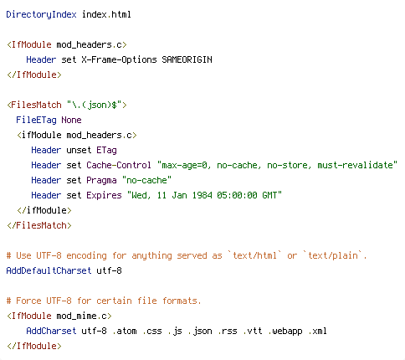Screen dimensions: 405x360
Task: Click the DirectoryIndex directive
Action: pos(41,14)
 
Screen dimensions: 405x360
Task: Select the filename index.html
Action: pos(106,14)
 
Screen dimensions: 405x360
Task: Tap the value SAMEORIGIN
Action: pos(187,59)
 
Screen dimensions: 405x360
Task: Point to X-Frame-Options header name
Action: pos(119,59)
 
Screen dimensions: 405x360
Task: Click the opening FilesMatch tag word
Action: pos(36,105)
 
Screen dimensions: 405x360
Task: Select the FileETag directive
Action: pos(36,120)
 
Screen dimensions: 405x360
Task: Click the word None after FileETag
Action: pos(71,120)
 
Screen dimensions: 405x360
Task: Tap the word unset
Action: pos(79,150)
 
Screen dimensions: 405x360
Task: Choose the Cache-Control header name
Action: pos(119,165)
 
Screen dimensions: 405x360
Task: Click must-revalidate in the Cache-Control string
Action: pos(355,165)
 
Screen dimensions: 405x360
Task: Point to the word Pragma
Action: pos(101,180)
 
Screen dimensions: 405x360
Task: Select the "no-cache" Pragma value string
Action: pos(146,180)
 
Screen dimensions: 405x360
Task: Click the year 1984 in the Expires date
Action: pos(202,195)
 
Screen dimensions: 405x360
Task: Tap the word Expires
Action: pos(104,195)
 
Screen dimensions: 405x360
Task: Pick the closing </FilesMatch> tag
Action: pos(39,225)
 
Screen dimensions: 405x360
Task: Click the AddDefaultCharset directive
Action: pos(49,270)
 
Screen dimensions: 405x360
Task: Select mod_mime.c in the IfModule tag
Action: pos(81,316)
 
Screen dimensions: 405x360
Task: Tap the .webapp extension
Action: pos(285,331)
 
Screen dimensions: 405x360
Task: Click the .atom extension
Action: pos(125,331)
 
